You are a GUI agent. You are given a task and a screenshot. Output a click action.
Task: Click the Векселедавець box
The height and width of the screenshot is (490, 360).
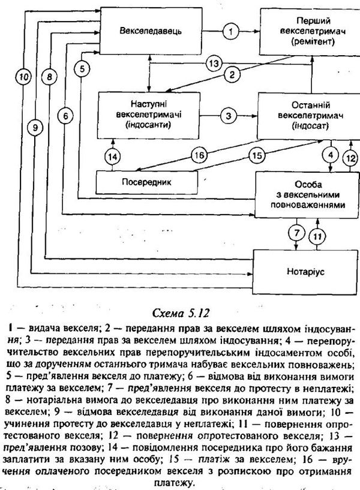(151, 31)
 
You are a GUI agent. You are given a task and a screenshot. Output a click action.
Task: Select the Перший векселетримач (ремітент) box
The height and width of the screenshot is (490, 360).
(310, 31)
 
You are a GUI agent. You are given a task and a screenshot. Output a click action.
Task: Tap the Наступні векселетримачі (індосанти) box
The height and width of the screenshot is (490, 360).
(148, 115)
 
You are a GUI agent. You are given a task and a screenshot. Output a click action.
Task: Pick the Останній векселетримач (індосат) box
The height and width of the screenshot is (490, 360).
(308, 116)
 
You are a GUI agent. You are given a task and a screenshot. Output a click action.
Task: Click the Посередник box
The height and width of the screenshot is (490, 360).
(146, 182)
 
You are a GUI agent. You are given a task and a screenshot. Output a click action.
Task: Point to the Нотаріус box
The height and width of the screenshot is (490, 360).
(305, 271)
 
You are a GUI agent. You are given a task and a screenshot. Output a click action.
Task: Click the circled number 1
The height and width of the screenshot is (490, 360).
(230, 31)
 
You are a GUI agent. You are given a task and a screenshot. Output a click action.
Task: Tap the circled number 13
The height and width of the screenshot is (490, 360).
(214, 64)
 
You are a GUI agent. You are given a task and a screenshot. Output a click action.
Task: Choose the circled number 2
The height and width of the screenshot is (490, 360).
(232, 75)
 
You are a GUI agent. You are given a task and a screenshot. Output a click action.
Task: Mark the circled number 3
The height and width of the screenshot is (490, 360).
(229, 116)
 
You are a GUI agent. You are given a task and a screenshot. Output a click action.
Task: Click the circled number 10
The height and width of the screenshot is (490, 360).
(24, 77)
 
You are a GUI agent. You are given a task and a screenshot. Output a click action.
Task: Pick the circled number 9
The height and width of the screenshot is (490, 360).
(35, 128)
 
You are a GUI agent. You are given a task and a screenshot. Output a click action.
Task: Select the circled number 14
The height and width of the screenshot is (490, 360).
(112, 157)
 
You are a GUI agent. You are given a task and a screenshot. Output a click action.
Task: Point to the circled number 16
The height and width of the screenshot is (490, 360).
(199, 155)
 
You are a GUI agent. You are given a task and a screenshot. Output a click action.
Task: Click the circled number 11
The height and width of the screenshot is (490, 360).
(317, 236)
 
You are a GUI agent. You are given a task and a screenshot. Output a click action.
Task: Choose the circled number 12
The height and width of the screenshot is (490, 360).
(350, 158)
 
